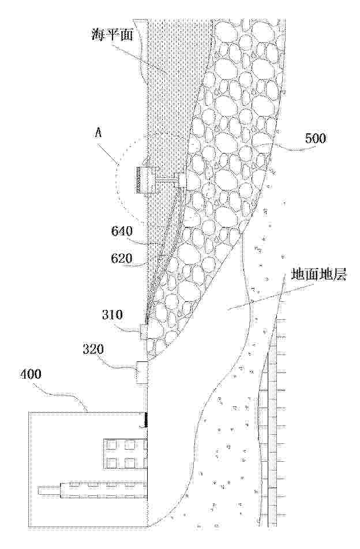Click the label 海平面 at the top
click(113, 35)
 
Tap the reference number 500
click(316, 139)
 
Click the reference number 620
click(122, 259)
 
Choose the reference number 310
click(112, 315)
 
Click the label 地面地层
click(318, 276)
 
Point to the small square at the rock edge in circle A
click(183, 180)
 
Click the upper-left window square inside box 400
click(112, 445)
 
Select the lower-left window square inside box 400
click(112, 462)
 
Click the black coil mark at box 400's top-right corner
click(144, 420)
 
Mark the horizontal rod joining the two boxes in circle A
click(168, 180)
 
